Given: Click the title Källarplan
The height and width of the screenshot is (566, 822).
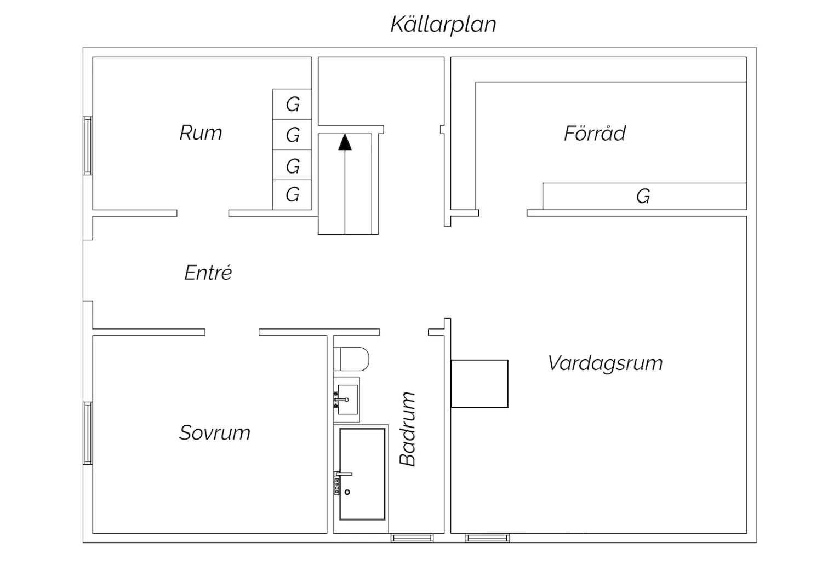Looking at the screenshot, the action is pyautogui.click(x=443, y=25).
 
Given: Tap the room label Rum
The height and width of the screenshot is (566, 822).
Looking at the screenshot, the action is pyautogui.click(x=201, y=132).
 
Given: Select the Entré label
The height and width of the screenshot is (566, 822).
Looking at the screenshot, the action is pyautogui.click(x=208, y=273).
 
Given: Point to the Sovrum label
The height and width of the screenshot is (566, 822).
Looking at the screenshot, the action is pyautogui.click(x=215, y=432).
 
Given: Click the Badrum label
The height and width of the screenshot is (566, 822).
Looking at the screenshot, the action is pyautogui.click(x=407, y=429).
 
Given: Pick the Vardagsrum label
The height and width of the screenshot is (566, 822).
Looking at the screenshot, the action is pyautogui.click(x=606, y=363).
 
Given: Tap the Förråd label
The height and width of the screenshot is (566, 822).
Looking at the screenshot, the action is pyautogui.click(x=595, y=133).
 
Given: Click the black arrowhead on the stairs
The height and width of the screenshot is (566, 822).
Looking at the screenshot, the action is pyautogui.click(x=345, y=142).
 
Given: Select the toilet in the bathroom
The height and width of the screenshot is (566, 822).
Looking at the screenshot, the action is pyautogui.click(x=351, y=359).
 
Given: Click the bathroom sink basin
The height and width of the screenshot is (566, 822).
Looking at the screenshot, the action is pyautogui.click(x=347, y=400).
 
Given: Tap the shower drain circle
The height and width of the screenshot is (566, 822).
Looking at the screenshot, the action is pyautogui.click(x=347, y=492).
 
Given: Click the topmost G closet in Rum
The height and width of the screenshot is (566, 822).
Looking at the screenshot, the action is pyautogui.click(x=292, y=104).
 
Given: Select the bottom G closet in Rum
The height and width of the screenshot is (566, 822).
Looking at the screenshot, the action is pyautogui.click(x=292, y=195).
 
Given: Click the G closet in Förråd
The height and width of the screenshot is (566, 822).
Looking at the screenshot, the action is pyautogui.click(x=644, y=197).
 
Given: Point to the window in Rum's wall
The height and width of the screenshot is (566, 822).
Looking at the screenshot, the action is pyautogui.click(x=88, y=146).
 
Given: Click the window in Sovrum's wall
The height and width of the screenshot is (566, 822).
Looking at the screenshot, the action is pyautogui.click(x=88, y=434).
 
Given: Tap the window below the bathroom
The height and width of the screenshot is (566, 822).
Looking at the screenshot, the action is pyautogui.click(x=412, y=538).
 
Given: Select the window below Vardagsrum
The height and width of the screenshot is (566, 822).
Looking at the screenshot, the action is pyautogui.click(x=487, y=538).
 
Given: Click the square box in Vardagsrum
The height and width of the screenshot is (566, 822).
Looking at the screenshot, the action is pyautogui.click(x=480, y=383).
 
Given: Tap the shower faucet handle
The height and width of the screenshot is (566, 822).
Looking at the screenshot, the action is pyautogui.click(x=344, y=474).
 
